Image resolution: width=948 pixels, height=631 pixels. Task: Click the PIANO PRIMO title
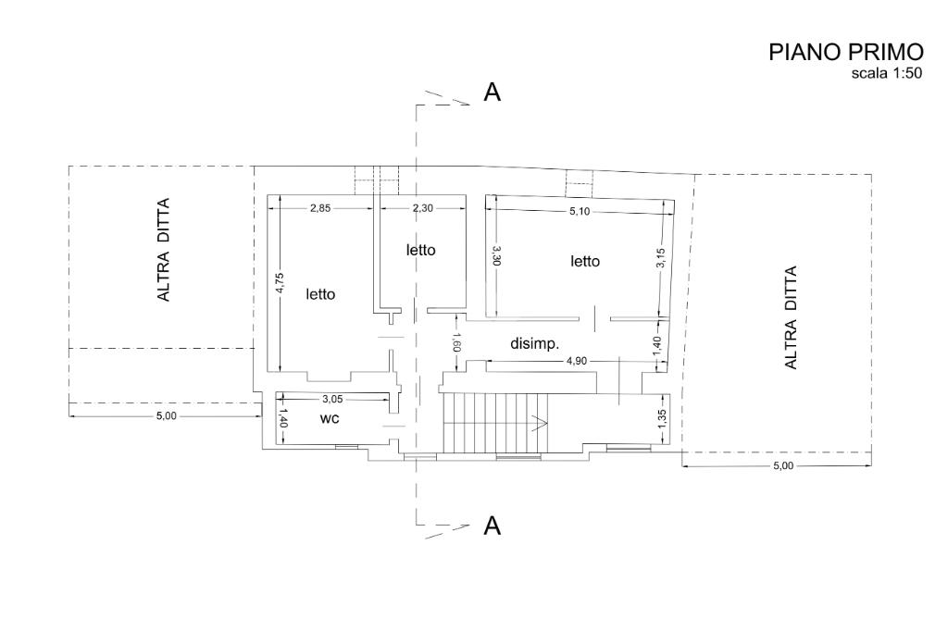(846, 53)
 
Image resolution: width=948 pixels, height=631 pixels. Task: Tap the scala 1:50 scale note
(886, 74)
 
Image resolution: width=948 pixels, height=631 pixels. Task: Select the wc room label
(330, 418)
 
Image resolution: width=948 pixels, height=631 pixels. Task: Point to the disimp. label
(535, 344)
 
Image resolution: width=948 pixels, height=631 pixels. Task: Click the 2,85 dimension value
(320, 208)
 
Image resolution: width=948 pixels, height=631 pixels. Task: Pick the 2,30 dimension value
(422, 208)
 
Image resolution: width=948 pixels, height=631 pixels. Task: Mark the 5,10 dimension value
(580, 212)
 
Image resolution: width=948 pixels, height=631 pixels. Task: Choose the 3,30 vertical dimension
(496, 255)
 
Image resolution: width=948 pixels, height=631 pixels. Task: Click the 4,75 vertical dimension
(280, 283)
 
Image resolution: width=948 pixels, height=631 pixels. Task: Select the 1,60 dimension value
(457, 342)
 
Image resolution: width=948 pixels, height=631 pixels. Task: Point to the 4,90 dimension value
(576, 361)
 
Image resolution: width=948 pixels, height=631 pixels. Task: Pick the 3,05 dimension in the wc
(333, 399)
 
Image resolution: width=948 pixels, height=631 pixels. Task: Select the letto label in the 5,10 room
(585, 261)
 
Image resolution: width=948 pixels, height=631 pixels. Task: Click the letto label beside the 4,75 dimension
(320, 294)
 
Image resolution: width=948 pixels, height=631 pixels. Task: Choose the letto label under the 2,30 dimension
(421, 250)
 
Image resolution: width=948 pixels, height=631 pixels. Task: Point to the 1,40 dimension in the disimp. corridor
(657, 346)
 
